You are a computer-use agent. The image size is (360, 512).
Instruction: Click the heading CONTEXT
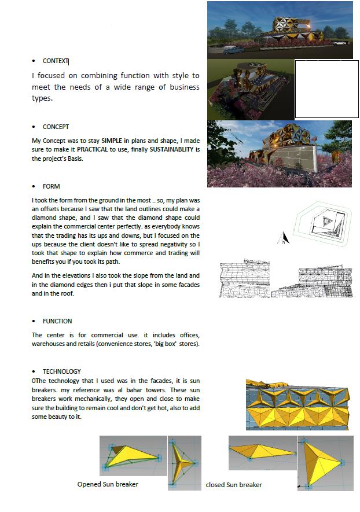pyautogui.click(x=56, y=61)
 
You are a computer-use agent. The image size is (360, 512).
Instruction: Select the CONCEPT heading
pyautogui.click(x=56, y=127)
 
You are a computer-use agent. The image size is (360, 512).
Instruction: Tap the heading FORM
pyautogui.click(x=51, y=187)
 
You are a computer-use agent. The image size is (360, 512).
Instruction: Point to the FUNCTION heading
pyautogui.click(x=57, y=321)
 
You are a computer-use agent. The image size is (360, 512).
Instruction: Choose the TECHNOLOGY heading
pyautogui.click(x=61, y=371)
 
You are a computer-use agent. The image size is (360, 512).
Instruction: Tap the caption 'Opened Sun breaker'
pyautogui.click(x=108, y=484)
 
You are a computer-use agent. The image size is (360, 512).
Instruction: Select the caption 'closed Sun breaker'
pyautogui.click(x=234, y=485)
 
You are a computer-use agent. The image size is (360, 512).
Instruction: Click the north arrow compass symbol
pyautogui.click(x=284, y=238)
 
